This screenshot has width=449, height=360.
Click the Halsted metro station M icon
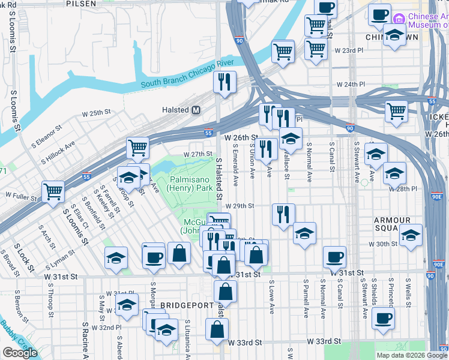coord(196,110)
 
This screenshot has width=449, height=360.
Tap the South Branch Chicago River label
coord(187,81)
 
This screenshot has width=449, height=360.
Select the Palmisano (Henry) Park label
coord(191,184)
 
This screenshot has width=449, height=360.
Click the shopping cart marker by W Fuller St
coord(53,191)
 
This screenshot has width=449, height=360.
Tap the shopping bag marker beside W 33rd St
coord(217,328)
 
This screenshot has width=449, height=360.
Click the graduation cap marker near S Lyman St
coord(116,257)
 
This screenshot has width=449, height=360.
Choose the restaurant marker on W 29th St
coord(283,214)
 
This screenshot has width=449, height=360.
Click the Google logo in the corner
coord(20,353)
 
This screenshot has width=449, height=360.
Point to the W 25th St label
coord(97,113)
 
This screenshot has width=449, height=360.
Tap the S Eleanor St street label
coord(46,134)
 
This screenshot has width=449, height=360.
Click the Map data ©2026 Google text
coord(412,355)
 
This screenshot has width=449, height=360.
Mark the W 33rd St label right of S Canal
coord(324,341)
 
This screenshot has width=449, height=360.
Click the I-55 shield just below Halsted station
coord(208,133)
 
